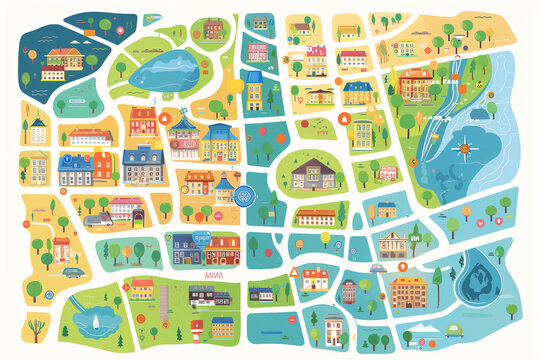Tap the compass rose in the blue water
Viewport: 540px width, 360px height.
461,150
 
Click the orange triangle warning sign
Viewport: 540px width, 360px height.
294,271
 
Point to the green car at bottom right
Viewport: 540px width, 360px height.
454,330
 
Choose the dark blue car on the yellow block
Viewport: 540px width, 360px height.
72,271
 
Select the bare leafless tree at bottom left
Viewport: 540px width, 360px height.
37,327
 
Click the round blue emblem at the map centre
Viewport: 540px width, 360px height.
251,196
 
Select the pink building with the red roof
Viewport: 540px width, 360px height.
258,51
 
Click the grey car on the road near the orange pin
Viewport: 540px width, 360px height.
377,268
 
